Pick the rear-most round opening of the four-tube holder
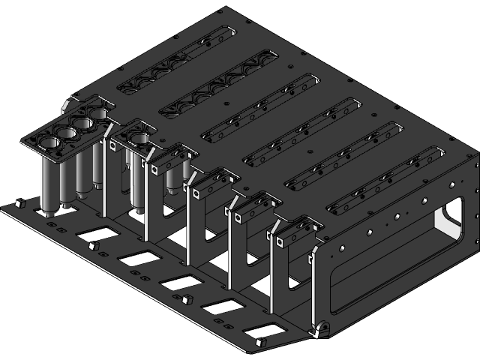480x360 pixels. (98, 114)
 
